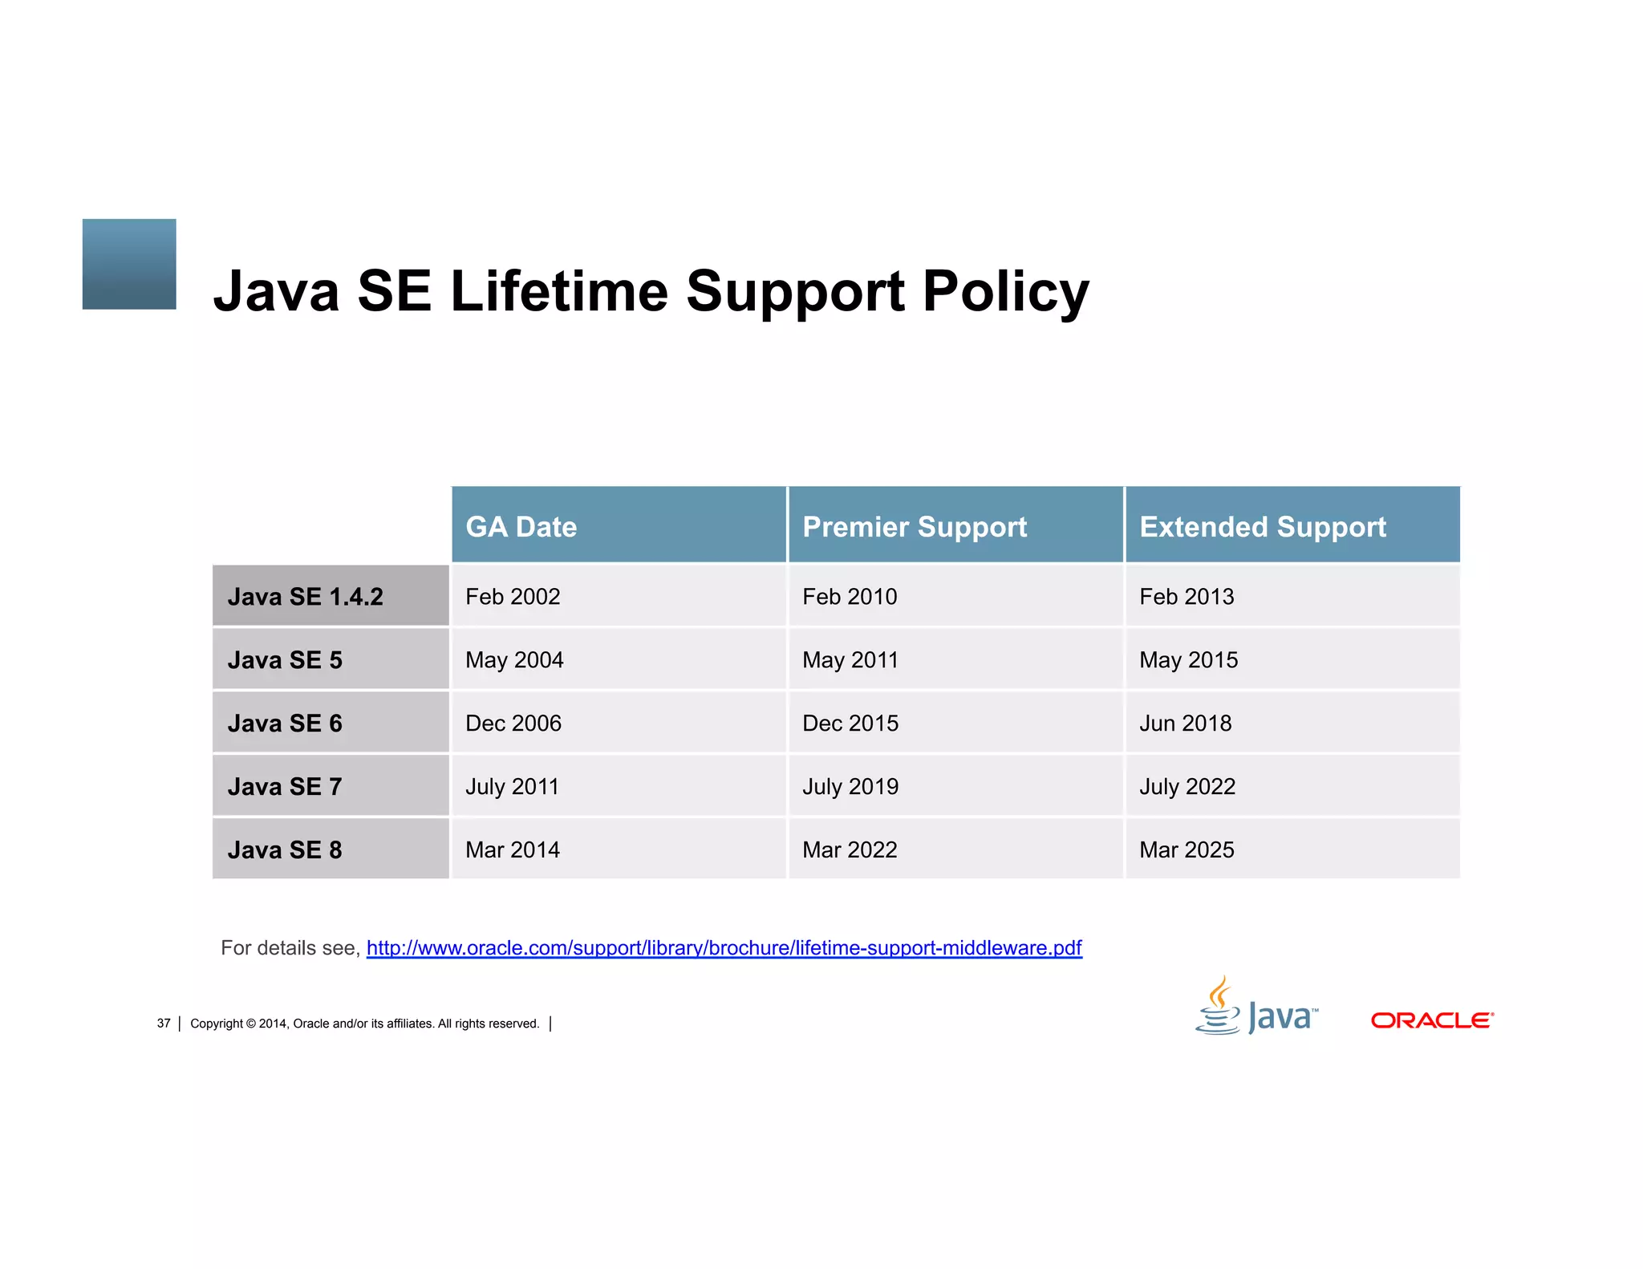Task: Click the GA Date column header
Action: coord(521,527)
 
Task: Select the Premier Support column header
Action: coord(915,527)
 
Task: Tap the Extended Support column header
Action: coord(1263,527)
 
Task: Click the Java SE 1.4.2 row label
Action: coord(305,597)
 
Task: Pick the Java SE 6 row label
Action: coord(285,724)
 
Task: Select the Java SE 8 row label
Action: coord(285,850)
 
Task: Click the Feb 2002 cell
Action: coord(513,597)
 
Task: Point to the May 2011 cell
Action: coord(850,660)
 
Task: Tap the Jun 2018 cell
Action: coord(1185,724)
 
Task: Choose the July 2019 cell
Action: coord(850,787)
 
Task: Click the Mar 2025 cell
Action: coord(1187,850)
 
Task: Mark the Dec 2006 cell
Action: coord(513,724)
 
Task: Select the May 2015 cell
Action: coord(1188,660)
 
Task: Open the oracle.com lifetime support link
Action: coord(724,948)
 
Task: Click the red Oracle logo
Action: coord(1432,1020)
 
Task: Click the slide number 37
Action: coord(164,1024)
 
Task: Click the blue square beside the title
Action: coord(129,264)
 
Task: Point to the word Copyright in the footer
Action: coord(217,1024)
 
